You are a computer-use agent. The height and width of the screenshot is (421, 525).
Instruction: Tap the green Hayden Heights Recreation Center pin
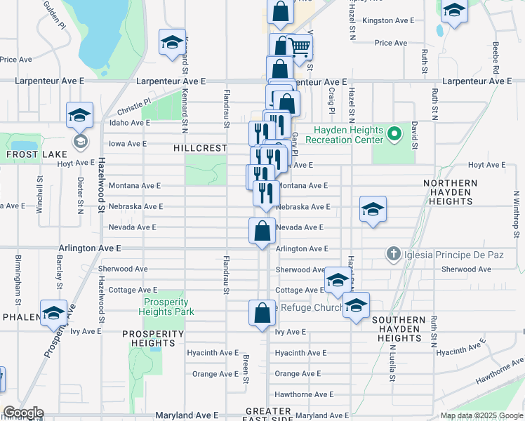(x=394, y=133)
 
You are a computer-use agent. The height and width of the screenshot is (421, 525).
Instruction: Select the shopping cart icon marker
(x=300, y=48)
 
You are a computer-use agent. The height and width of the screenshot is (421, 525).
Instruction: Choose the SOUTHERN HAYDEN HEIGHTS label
(x=399, y=328)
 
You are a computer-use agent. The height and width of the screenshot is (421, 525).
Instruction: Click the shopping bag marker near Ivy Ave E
(x=262, y=314)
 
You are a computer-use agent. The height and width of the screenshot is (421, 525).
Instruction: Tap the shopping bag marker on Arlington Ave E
(x=262, y=231)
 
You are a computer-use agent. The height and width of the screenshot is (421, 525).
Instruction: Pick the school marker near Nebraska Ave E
(x=373, y=208)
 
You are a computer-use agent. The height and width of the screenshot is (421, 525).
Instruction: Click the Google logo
(x=23, y=413)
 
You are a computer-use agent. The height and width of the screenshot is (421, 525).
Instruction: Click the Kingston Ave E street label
(x=385, y=20)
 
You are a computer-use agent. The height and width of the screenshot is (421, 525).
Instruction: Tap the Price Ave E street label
(x=391, y=43)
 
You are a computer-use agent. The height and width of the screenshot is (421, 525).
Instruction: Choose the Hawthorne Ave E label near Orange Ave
(x=304, y=394)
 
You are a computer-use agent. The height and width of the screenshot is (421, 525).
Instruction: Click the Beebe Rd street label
(x=496, y=60)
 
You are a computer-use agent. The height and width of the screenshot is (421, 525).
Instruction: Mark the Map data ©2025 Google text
(x=481, y=415)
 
